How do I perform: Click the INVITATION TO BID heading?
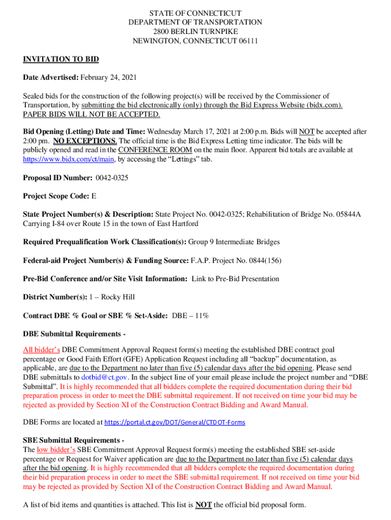(61, 59)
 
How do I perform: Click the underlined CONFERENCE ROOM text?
(155, 150)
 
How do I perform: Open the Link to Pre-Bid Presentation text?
(235, 279)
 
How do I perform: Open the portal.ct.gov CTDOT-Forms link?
(175, 422)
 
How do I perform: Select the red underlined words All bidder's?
(42, 350)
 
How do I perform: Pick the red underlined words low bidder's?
(56, 450)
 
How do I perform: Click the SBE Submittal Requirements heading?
(74, 440)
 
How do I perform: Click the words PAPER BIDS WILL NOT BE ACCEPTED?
(91, 114)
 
